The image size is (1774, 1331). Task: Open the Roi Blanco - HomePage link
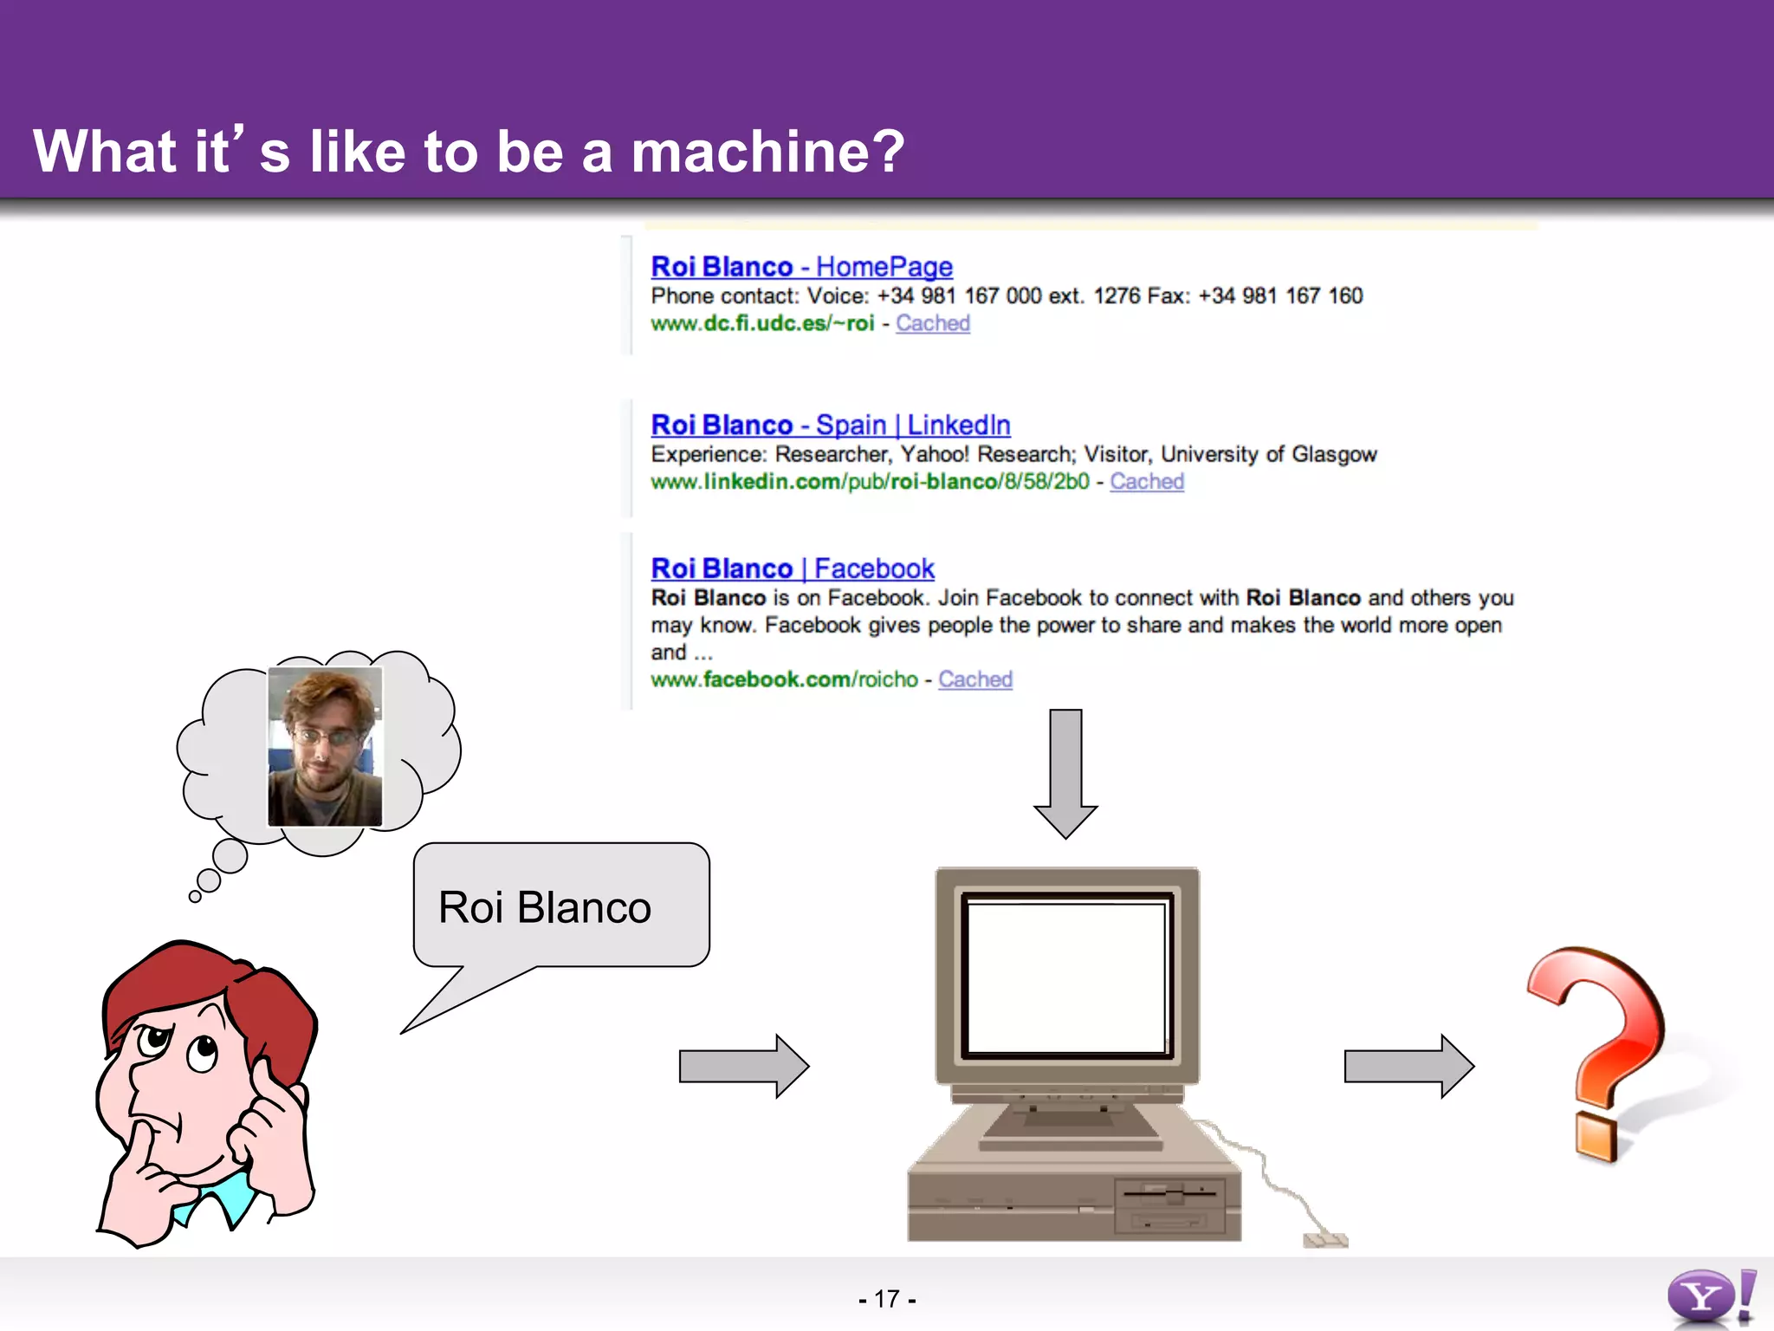[x=801, y=267]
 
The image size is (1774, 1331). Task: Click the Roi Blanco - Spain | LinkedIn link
[x=830, y=425]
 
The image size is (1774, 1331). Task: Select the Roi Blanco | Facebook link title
[x=792, y=569]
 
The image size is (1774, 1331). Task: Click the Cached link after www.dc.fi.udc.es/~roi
[x=932, y=324]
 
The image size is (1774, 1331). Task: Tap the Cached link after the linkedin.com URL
[x=1146, y=483]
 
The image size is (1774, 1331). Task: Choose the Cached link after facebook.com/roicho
[x=974, y=680]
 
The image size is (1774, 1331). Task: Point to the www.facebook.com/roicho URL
[x=784, y=680]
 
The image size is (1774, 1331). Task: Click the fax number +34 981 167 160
[x=1280, y=296]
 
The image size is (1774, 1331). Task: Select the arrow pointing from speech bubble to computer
[x=743, y=1066]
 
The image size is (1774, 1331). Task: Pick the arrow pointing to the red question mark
[x=1408, y=1066]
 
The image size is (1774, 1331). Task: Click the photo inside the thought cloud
[x=325, y=747]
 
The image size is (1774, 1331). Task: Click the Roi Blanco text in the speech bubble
[x=544, y=908]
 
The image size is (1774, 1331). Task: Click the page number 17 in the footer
[x=886, y=1299]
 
